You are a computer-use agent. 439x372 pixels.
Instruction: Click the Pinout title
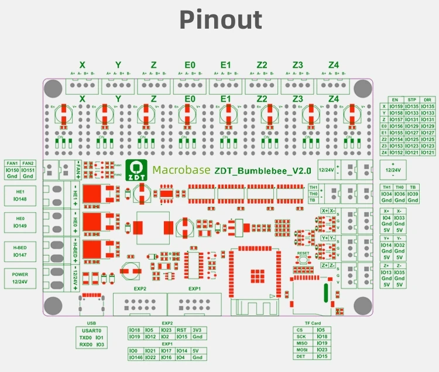pos(220,20)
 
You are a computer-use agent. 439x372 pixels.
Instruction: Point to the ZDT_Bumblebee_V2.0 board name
pos(252,170)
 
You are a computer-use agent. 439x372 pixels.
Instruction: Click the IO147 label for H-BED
pos(20,255)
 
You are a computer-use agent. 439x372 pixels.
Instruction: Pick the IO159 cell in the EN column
pos(396,106)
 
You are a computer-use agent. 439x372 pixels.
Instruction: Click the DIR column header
pos(428,100)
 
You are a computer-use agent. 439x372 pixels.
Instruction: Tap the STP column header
pos(412,100)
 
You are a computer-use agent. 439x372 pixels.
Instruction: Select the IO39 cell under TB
pos(413,194)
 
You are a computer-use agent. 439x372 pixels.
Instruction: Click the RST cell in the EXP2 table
pos(181,330)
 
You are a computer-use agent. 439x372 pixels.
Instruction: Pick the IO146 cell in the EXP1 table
pos(135,357)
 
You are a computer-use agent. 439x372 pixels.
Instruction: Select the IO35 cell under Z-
pos(400,272)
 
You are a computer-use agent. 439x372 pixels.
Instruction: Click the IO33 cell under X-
pos(400,218)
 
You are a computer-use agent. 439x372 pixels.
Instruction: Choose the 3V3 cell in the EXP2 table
pos(197,330)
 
